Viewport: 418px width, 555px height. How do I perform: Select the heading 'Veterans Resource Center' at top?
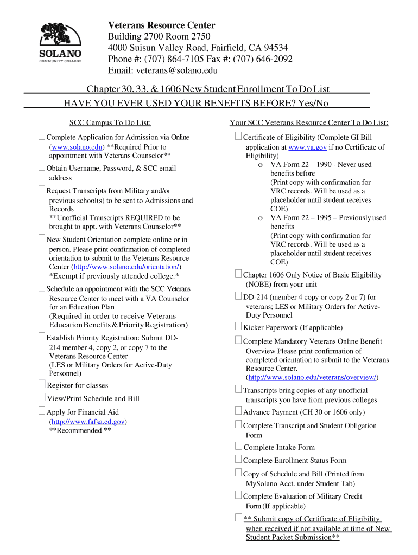point(161,25)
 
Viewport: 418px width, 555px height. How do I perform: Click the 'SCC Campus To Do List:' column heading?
point(110,123)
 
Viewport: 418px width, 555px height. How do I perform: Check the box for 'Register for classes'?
point(42,384)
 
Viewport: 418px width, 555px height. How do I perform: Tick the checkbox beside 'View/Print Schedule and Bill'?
point(42,398)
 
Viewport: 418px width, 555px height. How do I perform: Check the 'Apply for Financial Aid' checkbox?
point(42,411)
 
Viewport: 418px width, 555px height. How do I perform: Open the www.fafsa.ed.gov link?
point(88,421)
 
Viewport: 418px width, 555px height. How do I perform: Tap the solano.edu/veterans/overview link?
point(312,377)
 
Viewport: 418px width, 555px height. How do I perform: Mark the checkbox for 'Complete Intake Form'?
point(238,447)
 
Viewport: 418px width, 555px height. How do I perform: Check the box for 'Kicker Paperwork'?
point(238,326)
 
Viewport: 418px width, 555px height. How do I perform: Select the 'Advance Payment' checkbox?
point(238,411)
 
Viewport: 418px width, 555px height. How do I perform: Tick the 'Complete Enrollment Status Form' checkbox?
point(238,460)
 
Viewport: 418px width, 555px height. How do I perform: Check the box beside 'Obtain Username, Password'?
point(42,167)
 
